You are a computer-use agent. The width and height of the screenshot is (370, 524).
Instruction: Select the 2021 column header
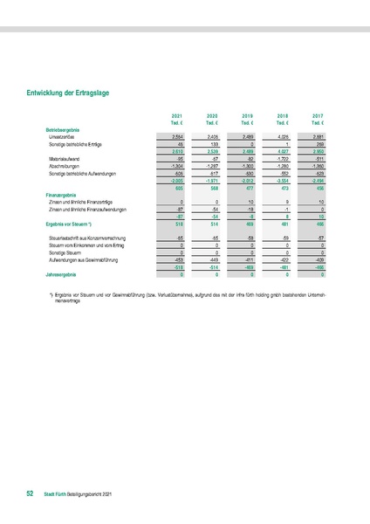(x=177, y=115)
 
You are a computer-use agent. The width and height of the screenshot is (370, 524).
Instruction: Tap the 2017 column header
(x=317, y=115)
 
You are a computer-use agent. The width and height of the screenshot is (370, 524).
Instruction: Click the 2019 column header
(x=247, y=115)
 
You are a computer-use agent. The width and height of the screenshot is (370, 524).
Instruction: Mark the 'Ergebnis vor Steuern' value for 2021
(x=176, y=224)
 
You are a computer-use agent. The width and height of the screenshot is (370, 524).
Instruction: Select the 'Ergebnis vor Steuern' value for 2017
(x=317, y=224)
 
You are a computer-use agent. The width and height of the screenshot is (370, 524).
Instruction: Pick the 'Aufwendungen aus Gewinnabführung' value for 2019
(x=246, y=259)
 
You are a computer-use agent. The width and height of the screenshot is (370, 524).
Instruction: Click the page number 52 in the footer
(x=30, y=494)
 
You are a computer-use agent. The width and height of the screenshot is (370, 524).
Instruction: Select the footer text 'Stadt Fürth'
(x=55, y=494)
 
